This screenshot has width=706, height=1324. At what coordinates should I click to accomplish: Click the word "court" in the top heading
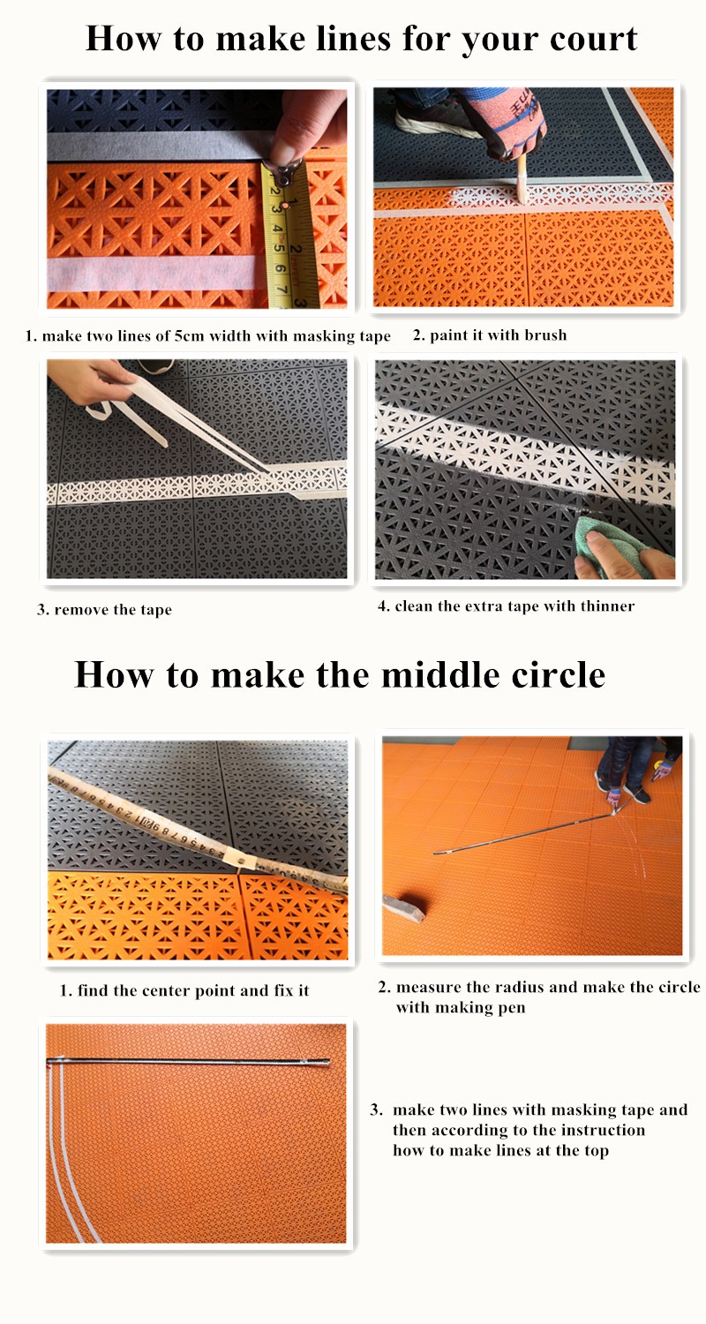593,39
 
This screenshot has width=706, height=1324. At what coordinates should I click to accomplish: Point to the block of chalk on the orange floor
403,907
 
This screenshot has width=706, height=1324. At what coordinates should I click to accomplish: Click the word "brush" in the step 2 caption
545,335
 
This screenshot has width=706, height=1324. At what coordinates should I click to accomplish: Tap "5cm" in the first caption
189,336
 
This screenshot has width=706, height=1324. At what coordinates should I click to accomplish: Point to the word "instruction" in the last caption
603,1130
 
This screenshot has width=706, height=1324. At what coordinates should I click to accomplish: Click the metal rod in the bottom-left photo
188,1062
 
